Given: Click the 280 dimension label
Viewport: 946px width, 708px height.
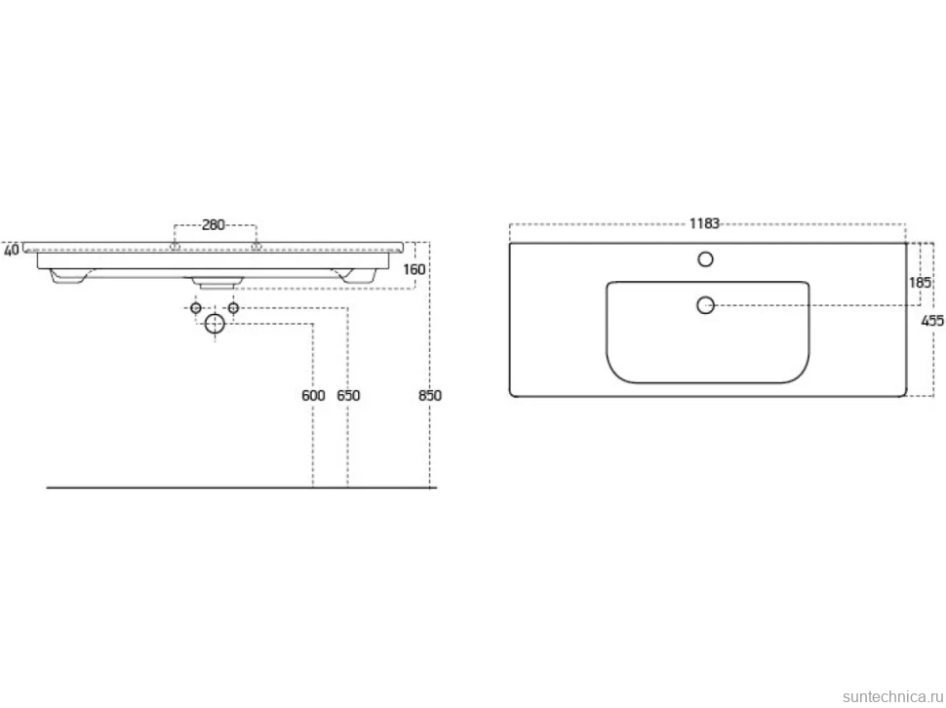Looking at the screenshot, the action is (x=213, y=225).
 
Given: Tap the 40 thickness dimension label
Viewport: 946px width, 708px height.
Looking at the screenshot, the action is (x=11, y=250).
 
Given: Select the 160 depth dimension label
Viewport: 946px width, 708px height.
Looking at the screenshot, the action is (x=414, y=269).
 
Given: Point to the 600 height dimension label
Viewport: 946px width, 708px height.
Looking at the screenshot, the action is (x=313, y=396).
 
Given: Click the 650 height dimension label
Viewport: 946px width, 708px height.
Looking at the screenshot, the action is (x=348, y=396).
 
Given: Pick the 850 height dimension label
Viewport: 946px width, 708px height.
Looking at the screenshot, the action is (x=429, y=396).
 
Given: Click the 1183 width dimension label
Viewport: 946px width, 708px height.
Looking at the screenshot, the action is (x=704, y=223).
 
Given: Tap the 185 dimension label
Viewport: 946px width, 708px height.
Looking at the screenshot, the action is (x=920, y=282).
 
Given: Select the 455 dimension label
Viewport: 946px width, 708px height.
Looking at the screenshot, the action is (x=932, y=322).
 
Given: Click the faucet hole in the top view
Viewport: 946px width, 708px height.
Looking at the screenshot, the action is (x=705, y=259).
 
